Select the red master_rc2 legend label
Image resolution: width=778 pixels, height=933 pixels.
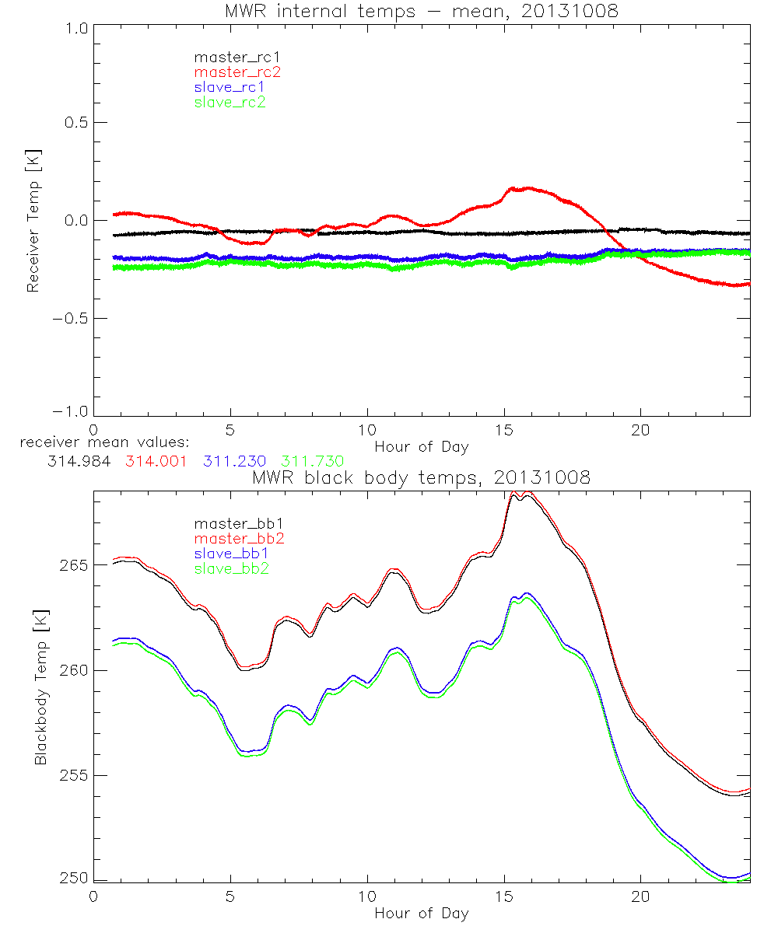pyautogui.click(x=237, y=72)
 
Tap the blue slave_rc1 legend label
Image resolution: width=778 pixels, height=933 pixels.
pyautogui.click(x=230, y=86)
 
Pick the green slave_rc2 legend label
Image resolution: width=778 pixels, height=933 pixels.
pyautogui.click(x=230, y=101)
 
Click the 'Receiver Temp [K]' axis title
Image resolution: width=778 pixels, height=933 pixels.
pyautogui.click(x=33, y=220)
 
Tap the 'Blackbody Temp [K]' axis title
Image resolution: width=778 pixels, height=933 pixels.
pyautogui.click(x=40, y=687)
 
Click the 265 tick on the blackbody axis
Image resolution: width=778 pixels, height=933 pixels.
pyautogui.click(x=72, y=564)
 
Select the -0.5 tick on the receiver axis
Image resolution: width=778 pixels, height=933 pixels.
pyautogui.click(x=72, y=318)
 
